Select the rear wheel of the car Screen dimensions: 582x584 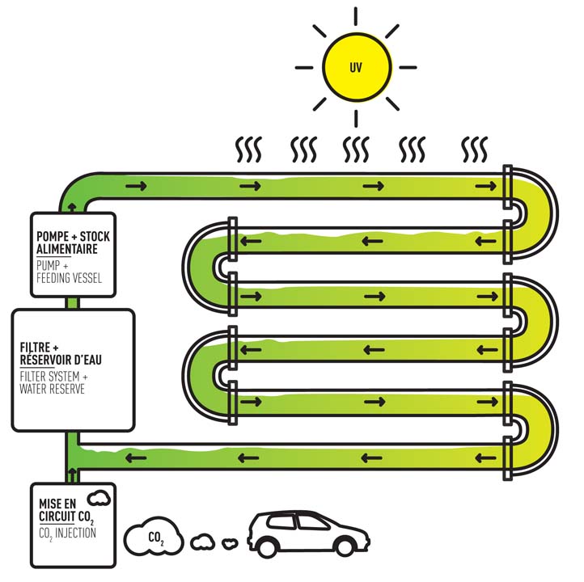coord(264,547)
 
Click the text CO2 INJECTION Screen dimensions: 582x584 coord(66,533)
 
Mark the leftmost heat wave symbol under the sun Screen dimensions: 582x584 coord(243,150)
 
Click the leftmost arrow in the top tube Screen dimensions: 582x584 coord(136,188)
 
